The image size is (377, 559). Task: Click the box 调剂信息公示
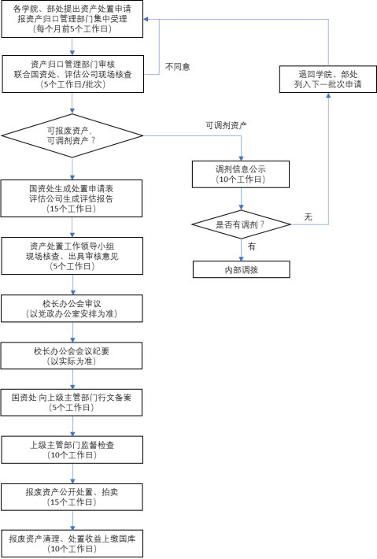coord(241,174)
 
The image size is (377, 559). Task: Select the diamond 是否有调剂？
coord(242,224)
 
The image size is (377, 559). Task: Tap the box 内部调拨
coord(242,269)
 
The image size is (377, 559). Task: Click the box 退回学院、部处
coord(328,80)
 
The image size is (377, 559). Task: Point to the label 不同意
coord(177,67)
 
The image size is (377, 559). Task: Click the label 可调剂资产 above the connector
coord(226,125)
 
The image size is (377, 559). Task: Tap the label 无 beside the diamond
coord(309,217)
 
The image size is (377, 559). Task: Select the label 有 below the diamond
coord(252,246)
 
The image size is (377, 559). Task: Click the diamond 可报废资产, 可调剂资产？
coord(72,135)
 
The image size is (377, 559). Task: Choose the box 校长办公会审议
coord(72,309)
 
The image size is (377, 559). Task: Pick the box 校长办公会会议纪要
coord(72,356)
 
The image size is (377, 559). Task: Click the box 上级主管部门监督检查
coord(72,450)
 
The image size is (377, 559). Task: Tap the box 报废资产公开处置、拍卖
coord(72,497)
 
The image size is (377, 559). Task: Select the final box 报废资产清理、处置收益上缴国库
coord(72,544)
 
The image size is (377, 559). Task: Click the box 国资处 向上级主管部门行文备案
coord(72,402)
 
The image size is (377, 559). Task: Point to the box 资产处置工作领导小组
coord(72,256)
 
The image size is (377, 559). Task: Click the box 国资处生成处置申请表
coord(72,198)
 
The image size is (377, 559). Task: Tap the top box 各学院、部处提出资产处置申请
coord(72,19)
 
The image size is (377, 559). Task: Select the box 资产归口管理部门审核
coord(73,74)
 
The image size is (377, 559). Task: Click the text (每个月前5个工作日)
coord(72,29)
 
